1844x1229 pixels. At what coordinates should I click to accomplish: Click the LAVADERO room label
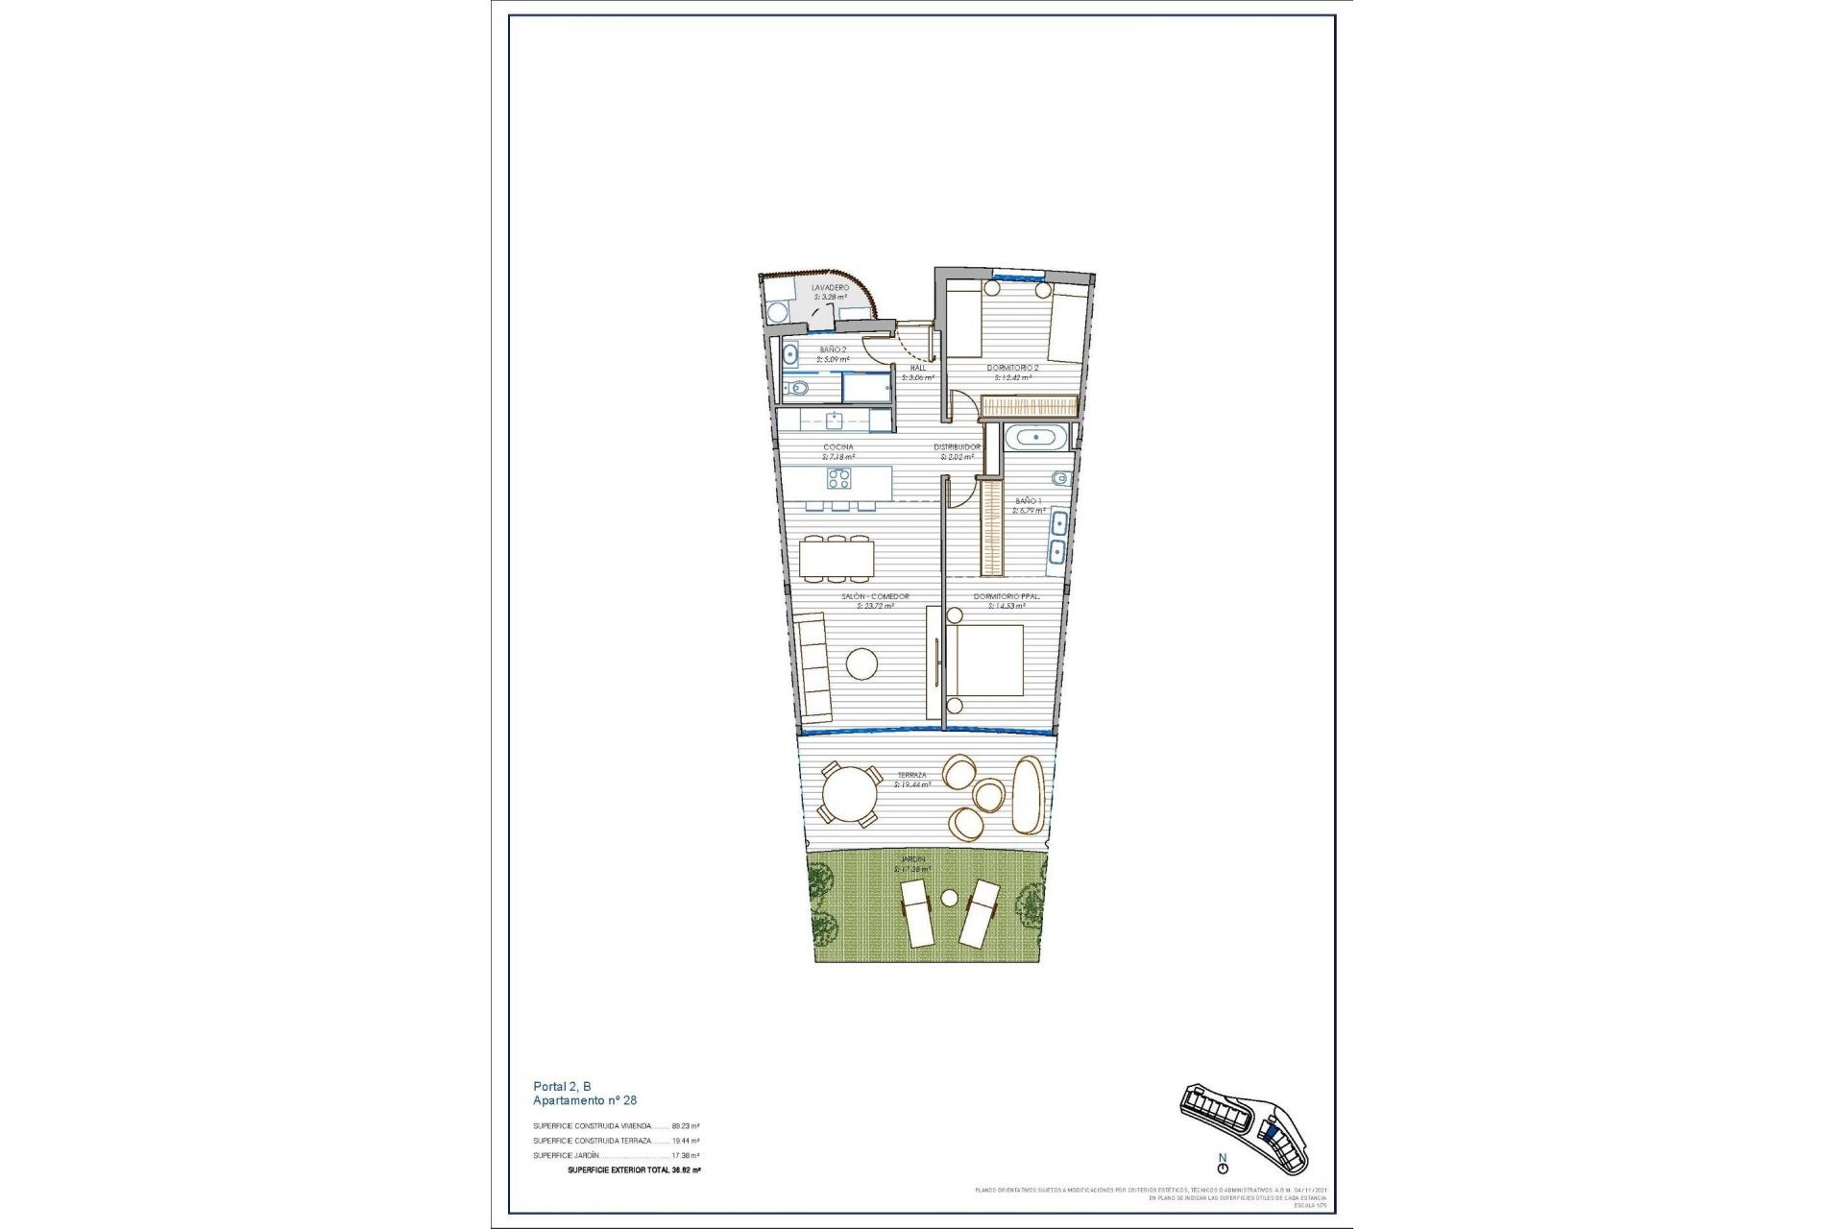[830, 287]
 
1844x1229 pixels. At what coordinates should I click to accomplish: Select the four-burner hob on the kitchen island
[839, 478]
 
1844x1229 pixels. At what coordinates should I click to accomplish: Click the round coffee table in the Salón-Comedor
[861, 663]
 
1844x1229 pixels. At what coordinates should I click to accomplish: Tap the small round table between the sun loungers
[949, 898]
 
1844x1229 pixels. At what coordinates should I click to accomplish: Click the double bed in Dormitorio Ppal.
[985, 661]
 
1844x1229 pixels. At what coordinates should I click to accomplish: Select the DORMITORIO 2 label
[1012, 368]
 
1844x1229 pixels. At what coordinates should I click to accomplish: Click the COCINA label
[837, 447]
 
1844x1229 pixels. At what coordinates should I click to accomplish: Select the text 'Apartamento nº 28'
[585, 1100]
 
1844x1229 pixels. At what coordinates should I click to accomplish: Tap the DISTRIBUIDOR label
[958, 447]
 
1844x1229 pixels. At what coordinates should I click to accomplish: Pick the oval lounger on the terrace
[1028, 796]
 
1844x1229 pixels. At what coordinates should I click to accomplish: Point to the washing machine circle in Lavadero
[776, 312]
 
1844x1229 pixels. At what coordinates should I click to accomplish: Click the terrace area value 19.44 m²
[912, 784]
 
